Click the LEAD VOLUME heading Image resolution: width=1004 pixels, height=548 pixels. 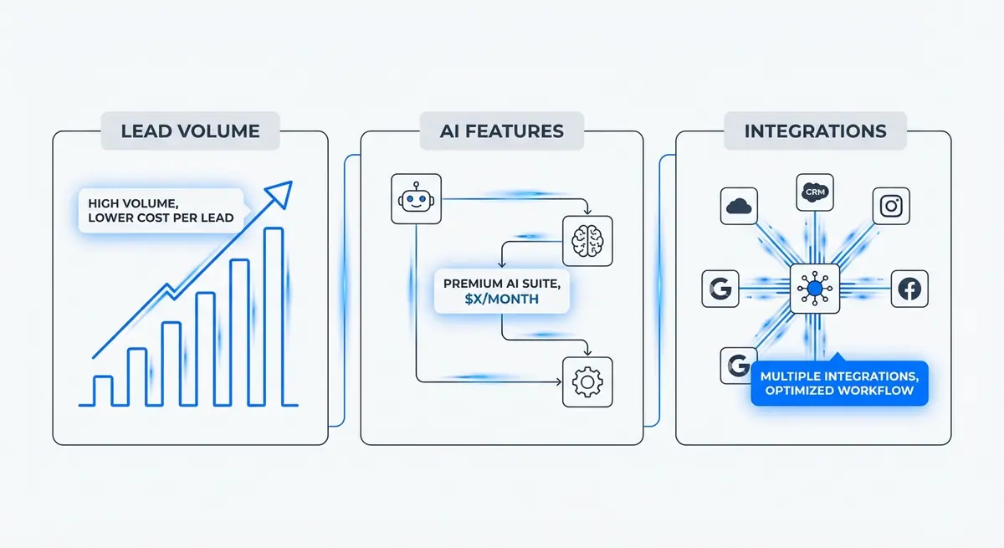pos(190,131)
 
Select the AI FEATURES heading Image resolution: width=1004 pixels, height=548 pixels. pos(501,131)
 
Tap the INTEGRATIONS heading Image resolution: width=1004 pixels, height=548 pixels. pos(815,131)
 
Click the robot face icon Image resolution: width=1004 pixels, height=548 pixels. pos(415,199)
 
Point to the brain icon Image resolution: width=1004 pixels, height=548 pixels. pos(587,240)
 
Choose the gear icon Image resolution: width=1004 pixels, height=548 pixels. pos(587,382)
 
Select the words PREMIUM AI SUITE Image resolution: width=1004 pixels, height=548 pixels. pos(502,282)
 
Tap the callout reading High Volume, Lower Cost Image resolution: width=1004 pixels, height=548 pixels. pos(159,209)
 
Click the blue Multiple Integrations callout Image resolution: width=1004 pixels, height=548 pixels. pos(839,383)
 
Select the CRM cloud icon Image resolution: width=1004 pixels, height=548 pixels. pos(814,192)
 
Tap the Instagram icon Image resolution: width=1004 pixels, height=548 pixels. pos(890,206)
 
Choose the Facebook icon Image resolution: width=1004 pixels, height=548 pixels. pos(909,289)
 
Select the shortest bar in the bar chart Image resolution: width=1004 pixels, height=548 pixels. pos(102,390)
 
